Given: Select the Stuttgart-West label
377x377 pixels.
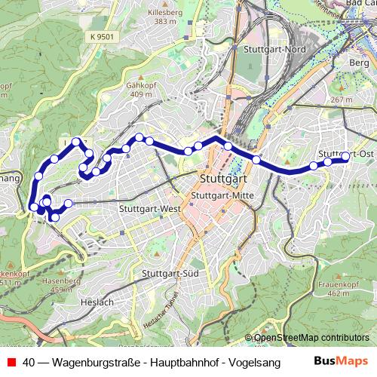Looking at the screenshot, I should point(149,208).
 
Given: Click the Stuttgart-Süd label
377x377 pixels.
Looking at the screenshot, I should point(170,273).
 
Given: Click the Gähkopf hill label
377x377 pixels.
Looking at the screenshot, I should point(140,85).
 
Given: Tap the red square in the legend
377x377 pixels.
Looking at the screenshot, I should point(10,362).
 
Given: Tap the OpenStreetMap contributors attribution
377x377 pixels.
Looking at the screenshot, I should point(311,338).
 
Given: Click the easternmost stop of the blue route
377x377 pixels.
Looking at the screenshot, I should point(346,157).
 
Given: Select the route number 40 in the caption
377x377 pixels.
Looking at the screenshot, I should point(29,362).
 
